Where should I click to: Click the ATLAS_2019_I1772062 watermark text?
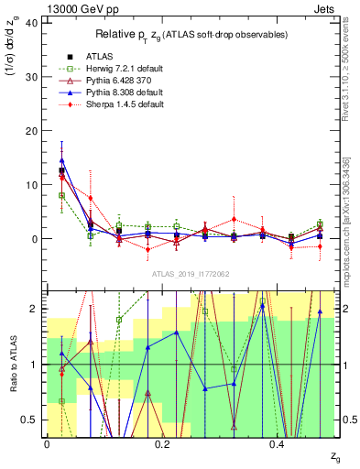tap(191, 275)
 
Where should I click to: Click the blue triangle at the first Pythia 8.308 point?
tap(61, 160)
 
